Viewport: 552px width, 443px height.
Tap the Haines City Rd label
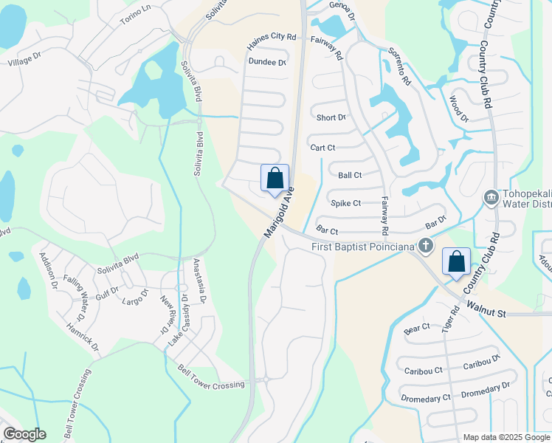271,37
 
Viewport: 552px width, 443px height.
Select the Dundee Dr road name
267,62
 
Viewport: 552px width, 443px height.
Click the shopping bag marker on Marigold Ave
275,179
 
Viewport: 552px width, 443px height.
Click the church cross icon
425,245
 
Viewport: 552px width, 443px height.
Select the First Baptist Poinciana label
363,246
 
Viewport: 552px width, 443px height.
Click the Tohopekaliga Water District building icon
491,197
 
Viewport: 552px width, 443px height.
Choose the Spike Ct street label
345,203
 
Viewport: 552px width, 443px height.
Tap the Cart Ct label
322,148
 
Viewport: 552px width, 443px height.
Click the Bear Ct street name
417,326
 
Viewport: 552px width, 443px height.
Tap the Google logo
24,434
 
